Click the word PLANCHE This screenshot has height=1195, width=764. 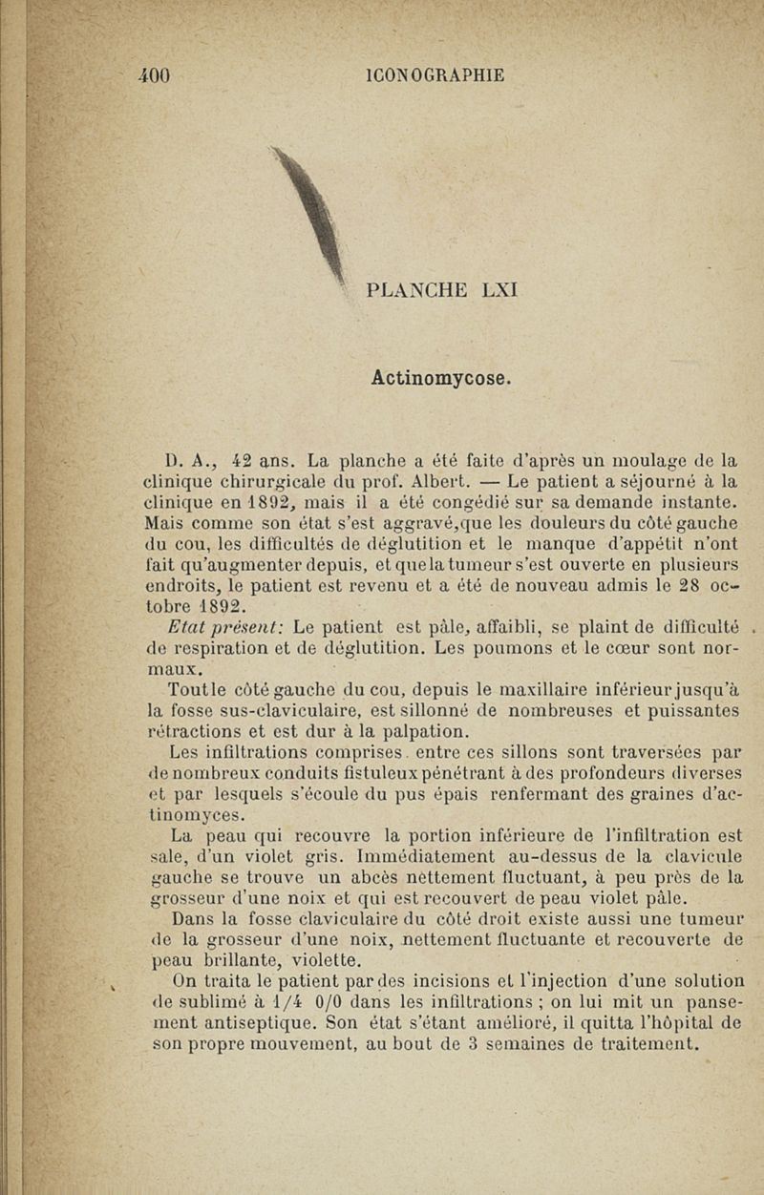tap(408, 287)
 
